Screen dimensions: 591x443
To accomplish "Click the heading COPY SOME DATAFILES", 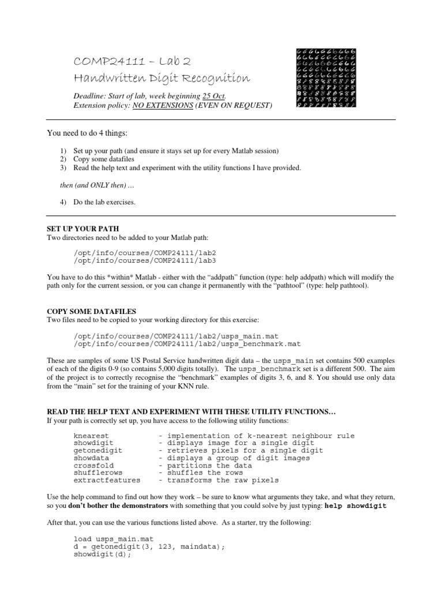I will (x=91, y=311).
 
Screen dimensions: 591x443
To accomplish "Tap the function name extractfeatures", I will (x=107, y=480).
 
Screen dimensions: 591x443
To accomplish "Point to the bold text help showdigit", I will (x=356, y=506).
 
